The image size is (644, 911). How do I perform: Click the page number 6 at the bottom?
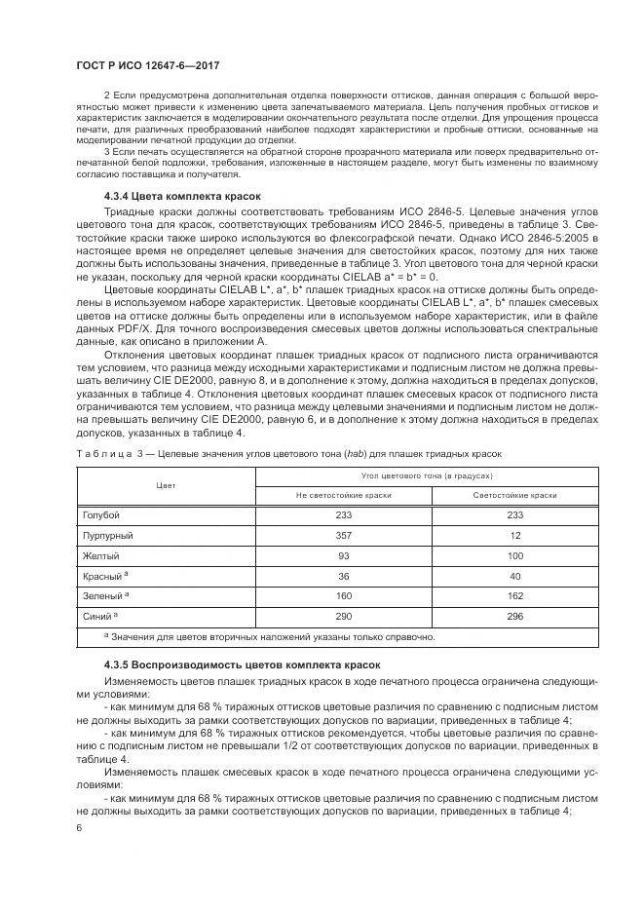pyautogui.click(x=79, y=828)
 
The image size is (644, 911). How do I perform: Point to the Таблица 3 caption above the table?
pyautogui.click(x=289, y=455)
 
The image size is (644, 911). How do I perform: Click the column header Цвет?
pyautogui.click(x=165, y=485)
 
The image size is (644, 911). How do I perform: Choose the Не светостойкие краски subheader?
pyautogui.click(x=343, y=495)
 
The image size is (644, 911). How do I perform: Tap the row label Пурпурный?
pyautogui.click(x=107, y=535)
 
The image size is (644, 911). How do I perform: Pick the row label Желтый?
pyautogui.click(x=100, y=555)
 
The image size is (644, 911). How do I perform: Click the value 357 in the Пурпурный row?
pyautogui.click(x=343, y=535)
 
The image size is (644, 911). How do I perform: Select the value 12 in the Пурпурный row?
pyautogui.click(x=515, y=535)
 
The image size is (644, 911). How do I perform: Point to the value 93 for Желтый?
pyautogui.click(x=343, y=555)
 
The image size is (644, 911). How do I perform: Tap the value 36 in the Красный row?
pyautogui.click(x=343, y=576)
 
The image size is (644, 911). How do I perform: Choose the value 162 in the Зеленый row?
pyautogui.click(x=515, y=596)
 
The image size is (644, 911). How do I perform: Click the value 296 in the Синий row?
pyautogui.click(x=515, y=617)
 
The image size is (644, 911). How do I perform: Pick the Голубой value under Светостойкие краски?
pyautogui.click(x=515, y=514)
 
